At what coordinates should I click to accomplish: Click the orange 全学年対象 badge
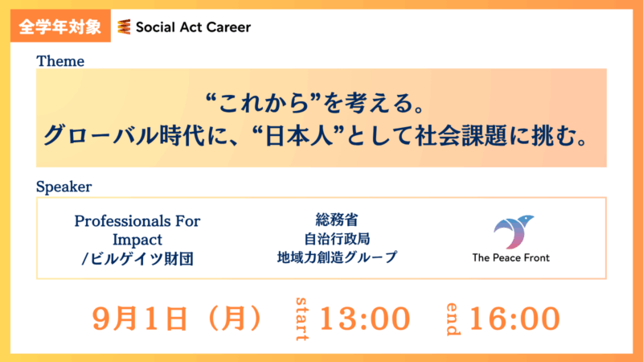[x=61, y=26]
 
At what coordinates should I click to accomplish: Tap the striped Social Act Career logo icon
[x=124, y=27]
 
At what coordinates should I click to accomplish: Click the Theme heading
[x=60, y=61]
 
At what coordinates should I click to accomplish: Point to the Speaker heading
[x=64, y=187]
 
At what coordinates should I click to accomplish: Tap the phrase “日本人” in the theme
[x=298, y=136]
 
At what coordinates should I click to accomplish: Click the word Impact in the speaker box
[x=137, y=239]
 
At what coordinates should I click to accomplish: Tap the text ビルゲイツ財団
[x=141, y=258]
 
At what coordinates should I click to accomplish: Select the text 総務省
[x=337, y=220]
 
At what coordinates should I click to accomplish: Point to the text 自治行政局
[x=337, y=238]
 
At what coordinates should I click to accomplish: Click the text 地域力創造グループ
[x=337, y=257]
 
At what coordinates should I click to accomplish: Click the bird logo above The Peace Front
[x=513, y=232]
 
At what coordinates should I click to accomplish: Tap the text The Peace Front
[x=511, y=257]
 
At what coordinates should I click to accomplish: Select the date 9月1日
[x=140, y=319]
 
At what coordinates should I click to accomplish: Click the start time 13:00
[x=365, y=319]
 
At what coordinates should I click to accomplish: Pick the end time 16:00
[x=514, y=319]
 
